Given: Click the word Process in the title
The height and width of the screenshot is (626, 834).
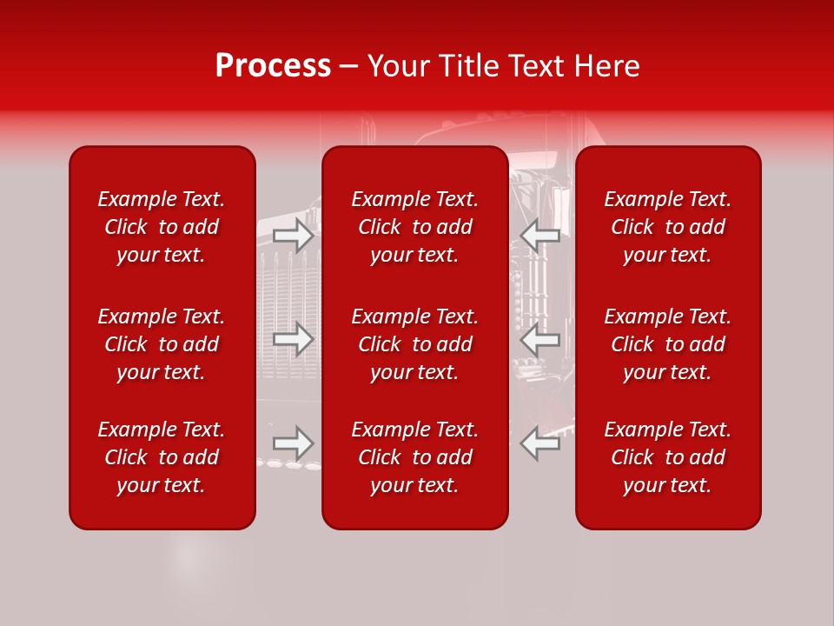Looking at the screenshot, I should coord(273,66).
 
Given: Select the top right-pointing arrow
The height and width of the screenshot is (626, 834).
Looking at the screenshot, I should coord(293,236).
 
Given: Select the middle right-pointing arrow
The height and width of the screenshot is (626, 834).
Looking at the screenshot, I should coord(293,338).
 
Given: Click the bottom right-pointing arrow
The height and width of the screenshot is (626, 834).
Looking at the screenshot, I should coord(293,443).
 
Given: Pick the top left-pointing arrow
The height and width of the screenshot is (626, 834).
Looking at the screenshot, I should coord(540,236).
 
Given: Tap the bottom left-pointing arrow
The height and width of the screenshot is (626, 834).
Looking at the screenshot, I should coord(540,443).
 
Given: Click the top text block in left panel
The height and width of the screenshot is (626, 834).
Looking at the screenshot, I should coord(162,227).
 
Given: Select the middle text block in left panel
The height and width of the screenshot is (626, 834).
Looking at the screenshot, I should coord(162,344).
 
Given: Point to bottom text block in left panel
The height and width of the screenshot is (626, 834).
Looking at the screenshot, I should coord(162,457).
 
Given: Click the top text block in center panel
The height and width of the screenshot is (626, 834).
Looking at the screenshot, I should coord(414,227).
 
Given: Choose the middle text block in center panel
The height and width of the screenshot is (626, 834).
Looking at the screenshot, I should coord(414,344).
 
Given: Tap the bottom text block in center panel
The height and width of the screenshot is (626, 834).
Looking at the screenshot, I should coord(414,457).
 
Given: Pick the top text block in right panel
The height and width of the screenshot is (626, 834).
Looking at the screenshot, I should coord(667,227).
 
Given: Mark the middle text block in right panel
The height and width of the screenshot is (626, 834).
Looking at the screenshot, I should coord(667,344).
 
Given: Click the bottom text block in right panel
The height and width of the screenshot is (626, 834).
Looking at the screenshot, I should coord(667,457).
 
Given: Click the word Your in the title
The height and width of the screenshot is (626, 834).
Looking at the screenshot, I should coord(398,66).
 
